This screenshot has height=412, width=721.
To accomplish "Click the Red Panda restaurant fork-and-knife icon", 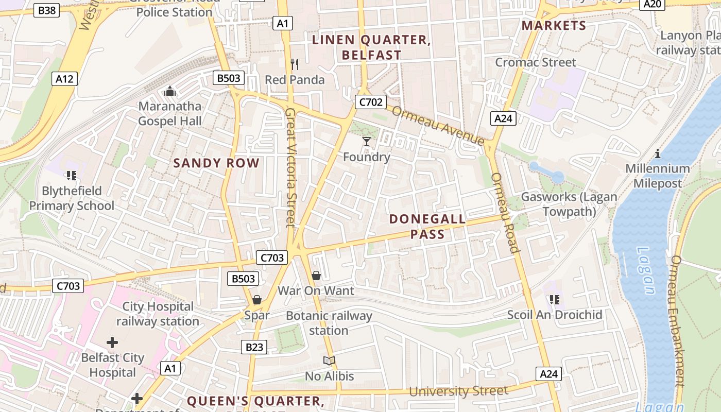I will tap(295, 64).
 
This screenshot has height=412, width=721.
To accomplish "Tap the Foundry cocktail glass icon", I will tap(367, 141).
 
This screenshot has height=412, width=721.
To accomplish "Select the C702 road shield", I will tap(370, 102).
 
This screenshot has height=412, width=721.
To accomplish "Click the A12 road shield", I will tap(65, 79).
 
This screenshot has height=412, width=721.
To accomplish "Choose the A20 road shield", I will tap(653, 4).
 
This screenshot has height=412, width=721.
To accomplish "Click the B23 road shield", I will tap(254, 347).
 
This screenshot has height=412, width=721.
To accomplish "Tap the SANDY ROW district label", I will tap(216, 163).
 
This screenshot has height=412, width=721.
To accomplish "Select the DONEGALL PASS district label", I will tap(427, 227).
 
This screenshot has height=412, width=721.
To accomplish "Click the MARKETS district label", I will tap(554, 26).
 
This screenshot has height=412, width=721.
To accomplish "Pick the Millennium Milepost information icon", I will tap(657, 153).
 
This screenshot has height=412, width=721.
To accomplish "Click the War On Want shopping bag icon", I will tap(316, 276).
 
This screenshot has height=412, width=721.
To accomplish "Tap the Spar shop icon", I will tap(256, 300).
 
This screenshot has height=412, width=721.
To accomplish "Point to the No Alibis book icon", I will tap(329, 361).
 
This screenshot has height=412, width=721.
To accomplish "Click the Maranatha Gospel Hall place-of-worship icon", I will tap(169, 92).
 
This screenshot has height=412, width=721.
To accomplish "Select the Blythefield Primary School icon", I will tap(72, 176).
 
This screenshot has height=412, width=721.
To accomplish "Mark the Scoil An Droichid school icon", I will tap(554, 299).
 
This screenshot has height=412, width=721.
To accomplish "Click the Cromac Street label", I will tap(536, 62).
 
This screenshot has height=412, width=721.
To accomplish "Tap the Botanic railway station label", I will tap(329, 323).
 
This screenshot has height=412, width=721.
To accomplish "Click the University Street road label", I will tap(458, 391).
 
